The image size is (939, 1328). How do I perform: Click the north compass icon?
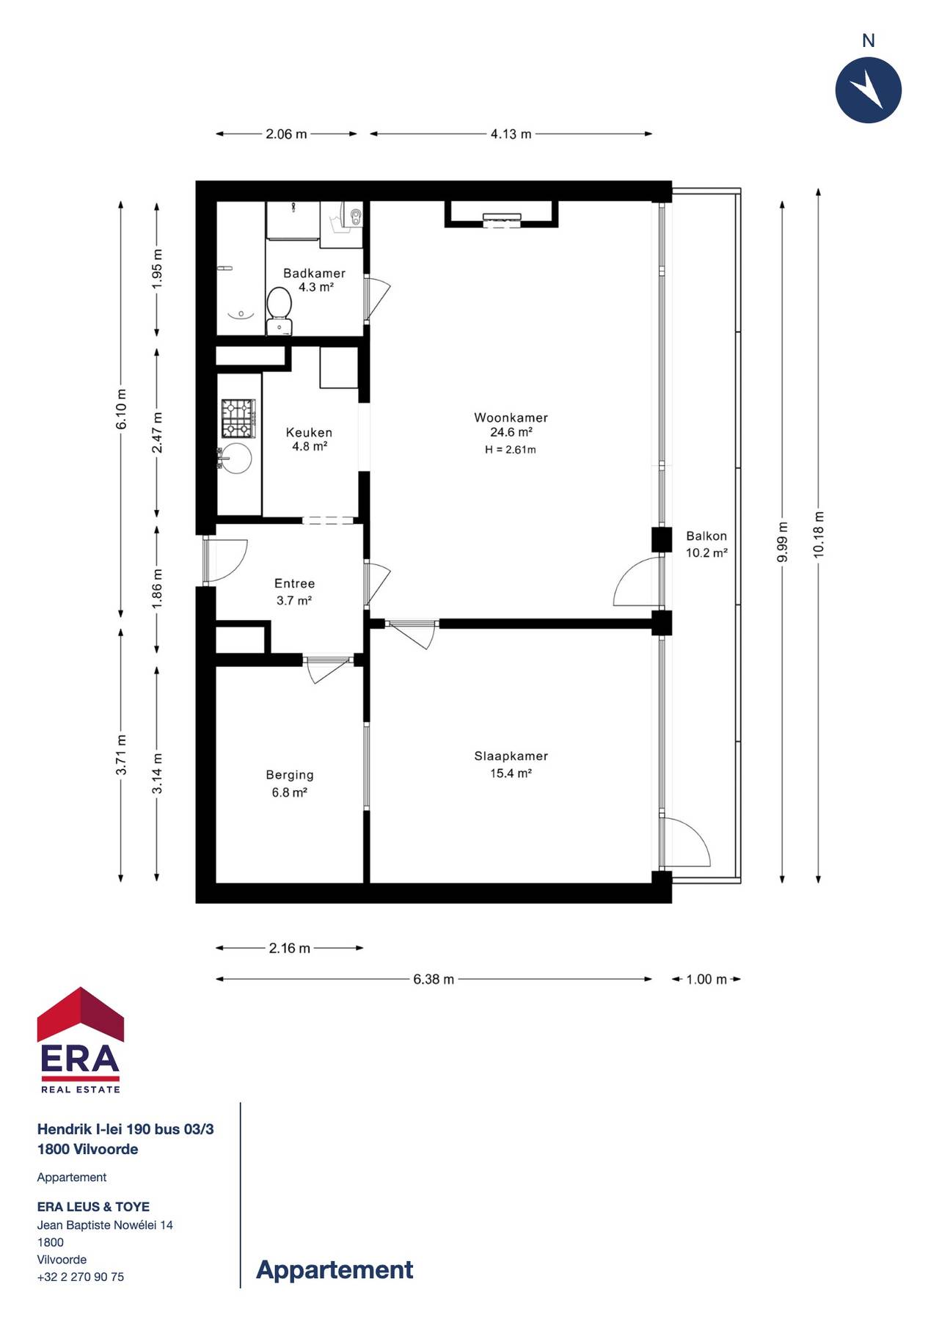coord(868,90)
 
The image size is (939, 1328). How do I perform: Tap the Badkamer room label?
coord(314,273)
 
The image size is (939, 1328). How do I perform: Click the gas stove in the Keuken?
coord(238,418)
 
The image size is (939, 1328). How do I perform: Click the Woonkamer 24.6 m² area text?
coord(511,432)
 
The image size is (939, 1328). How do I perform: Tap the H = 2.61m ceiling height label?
coord(511,450)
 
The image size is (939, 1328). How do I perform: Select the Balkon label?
coord(706,536)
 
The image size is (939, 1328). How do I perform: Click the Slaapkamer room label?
coord(511,756)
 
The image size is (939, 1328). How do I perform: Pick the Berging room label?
coord(290,775)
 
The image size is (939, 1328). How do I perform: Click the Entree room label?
coord(294,583)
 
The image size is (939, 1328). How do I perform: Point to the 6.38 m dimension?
coord(434,979)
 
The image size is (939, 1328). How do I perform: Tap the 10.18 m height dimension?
coord(819,536)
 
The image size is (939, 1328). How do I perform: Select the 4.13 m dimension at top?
coord(511,134)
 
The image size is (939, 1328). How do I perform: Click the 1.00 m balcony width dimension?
coord(706,979)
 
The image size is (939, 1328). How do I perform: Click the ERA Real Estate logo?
coord(81,1040)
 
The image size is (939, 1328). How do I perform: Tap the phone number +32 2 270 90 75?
coord(81,1277)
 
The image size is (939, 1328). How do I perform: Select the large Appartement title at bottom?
coord(335,1269)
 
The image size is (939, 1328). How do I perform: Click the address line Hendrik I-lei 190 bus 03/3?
coord(125,1129)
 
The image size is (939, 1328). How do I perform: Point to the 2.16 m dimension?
coord(289,948)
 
